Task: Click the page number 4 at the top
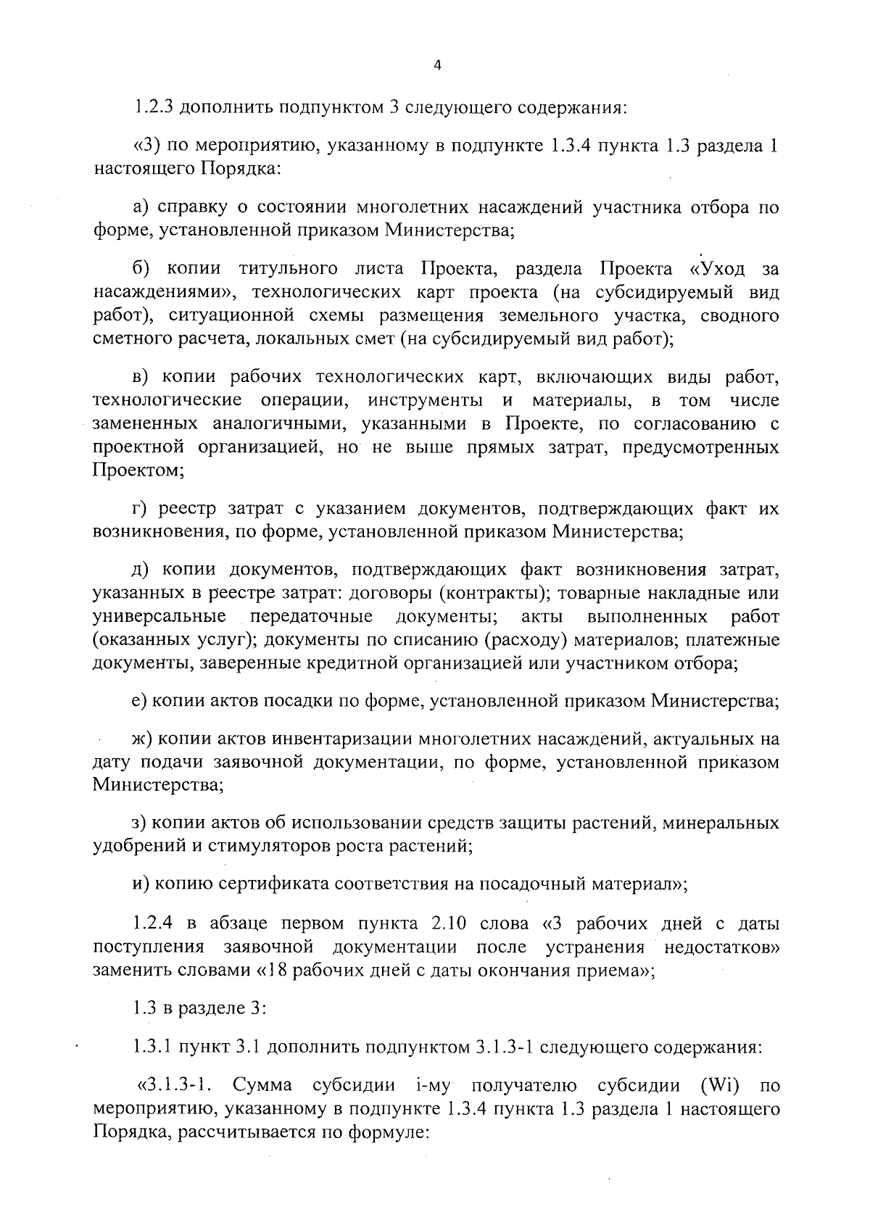(436, 65)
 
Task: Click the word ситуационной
(219, 315)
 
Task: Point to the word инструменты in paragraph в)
(424, 400)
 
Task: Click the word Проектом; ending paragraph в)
(138, 470)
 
